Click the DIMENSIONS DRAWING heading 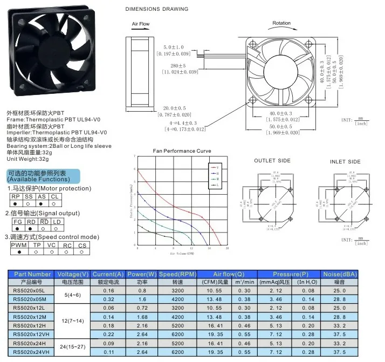coord(157,9)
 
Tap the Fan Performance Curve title coord(182,152)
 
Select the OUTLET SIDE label coord(272,161)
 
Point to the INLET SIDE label coord(345,161)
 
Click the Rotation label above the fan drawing coord(281,23)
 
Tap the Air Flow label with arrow coord(141,24)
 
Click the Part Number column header coord(33,274)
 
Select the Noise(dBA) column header coord(340,274)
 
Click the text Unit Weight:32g coord(27,160)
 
